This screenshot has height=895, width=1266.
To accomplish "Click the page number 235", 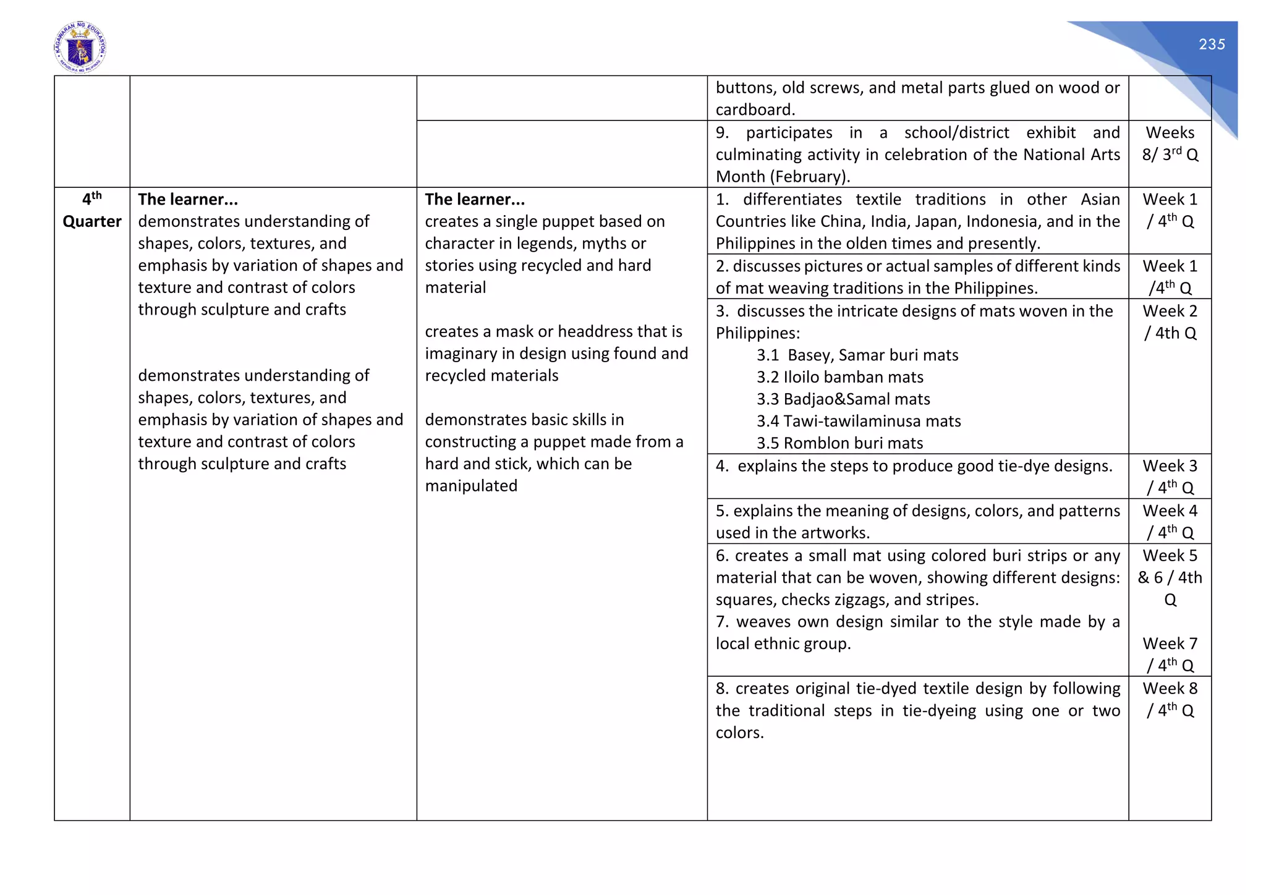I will point(1212,45).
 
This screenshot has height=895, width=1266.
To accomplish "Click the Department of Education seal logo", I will point(80,48).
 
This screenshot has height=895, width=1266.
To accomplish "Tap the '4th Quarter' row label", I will point(91,211).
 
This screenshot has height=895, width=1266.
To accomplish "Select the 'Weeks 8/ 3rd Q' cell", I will point(1170,143).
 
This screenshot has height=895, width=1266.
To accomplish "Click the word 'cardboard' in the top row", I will point(754,110).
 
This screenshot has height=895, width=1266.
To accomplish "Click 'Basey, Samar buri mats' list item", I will point(857,355).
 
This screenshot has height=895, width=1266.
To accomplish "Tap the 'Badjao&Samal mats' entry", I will point(843,399).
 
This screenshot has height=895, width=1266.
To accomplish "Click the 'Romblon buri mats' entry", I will point(839,443).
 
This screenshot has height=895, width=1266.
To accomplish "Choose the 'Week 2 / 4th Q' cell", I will point(1170,322).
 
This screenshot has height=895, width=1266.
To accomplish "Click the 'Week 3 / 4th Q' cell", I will point(1170,477).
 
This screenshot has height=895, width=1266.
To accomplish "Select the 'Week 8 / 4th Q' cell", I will point(1170,700).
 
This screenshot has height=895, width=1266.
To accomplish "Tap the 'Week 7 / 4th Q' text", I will point(1170,655).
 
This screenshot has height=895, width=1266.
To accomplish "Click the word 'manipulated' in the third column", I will point(471,486).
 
